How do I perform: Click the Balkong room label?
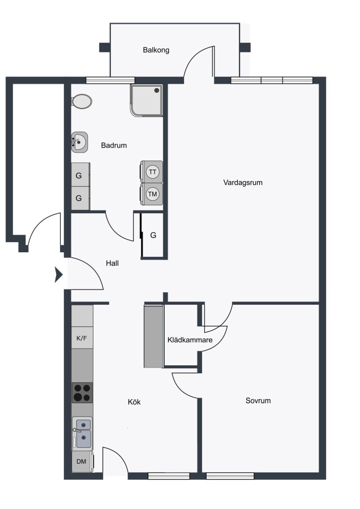[156, 50]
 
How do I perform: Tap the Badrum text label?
[114, 145]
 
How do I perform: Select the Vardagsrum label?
[243, 183]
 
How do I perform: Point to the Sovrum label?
[258, 400]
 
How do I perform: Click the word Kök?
[134, 402]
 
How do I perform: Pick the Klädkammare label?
[190, 340]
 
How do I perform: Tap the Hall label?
[112, 263]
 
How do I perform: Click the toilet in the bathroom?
[82, 102]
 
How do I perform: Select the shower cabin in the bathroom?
[147, 100]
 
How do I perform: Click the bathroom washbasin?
[80, 142]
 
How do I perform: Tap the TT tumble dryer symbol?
[151, 171]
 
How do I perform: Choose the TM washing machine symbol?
[151, 194]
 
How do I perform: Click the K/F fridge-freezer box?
[82, 338]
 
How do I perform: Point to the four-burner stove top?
[82, 393]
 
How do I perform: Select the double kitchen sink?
[82, 433]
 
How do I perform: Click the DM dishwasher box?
[82, 461]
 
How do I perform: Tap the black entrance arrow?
[58, 275]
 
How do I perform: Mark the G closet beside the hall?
[152, 235]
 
